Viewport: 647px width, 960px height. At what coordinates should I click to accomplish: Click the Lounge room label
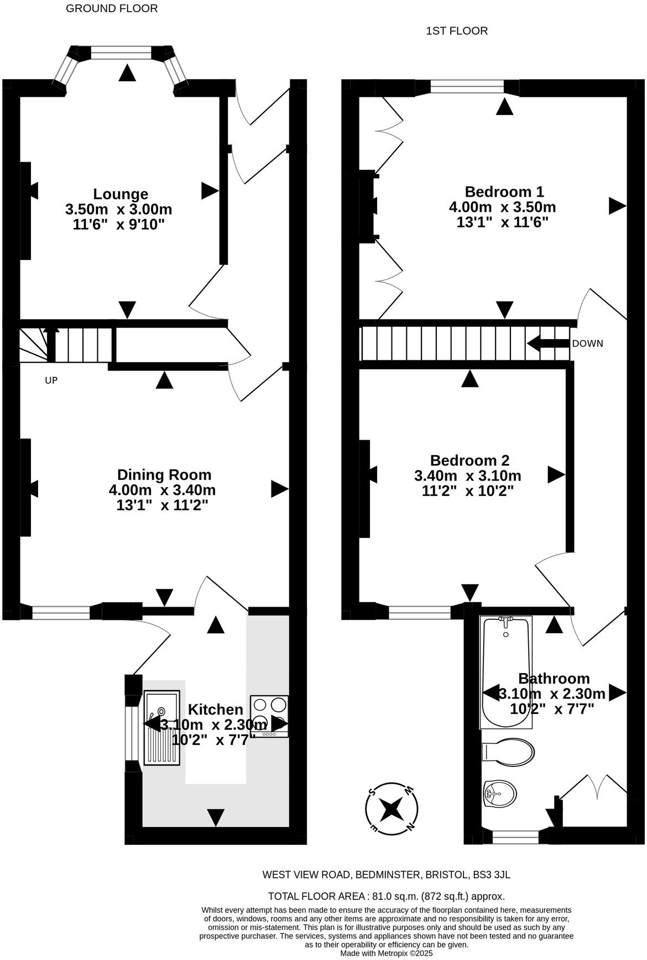pos(121,194)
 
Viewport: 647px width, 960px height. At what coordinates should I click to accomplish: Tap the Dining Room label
pos(164,474)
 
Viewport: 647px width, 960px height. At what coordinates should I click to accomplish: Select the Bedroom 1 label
pos(504,192)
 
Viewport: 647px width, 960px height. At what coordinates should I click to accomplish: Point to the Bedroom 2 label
pos(469,460)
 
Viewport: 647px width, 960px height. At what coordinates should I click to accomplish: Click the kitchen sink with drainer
pos(161,727)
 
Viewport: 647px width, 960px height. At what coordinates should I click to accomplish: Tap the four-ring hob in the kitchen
pos(269,716)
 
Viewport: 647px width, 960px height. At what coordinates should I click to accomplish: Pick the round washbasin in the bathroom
pos(499,795)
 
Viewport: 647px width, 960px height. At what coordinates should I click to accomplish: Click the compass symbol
pos(392,809)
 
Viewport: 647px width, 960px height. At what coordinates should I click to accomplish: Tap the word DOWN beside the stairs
pos(587,343)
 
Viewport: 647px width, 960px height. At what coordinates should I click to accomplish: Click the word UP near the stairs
pos(51,380)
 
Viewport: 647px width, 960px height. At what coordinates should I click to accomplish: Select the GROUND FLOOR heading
pos(112,8)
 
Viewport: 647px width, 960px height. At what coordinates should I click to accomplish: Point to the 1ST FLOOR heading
pos(457,31)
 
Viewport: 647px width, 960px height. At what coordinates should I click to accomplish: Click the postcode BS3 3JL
pos(492,875)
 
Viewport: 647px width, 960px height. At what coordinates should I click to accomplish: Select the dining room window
pos(61,613)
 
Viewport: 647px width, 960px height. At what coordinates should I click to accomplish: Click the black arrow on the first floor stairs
pos(547,343)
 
